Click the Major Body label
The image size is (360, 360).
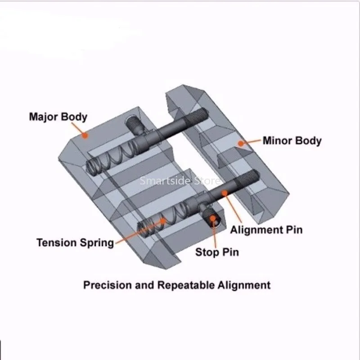click(58, 117)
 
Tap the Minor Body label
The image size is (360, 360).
click(292, 140)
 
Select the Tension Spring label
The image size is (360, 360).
click(75, 243)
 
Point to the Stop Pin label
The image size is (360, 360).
click(217, 252)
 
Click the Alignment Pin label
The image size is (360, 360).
click(266, 230)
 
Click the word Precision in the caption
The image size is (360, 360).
click(107, 285)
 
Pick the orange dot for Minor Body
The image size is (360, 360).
click(241, 144)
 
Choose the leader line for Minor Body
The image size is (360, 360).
click(252, 142)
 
